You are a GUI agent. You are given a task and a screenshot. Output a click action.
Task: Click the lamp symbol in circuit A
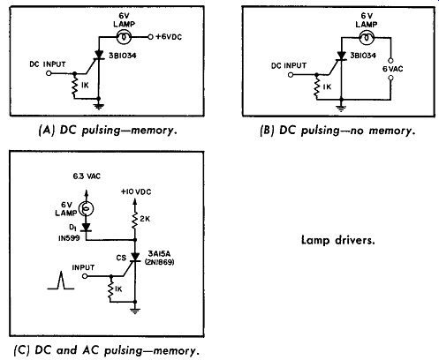124,37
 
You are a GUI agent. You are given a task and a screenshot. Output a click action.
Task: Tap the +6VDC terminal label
169,37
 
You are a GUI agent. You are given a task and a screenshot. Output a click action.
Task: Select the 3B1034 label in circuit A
123,56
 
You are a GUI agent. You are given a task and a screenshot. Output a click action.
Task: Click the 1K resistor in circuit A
74,86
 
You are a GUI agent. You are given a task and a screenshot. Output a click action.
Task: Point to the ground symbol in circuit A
99,107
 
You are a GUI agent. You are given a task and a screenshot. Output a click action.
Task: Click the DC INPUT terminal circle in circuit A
49,73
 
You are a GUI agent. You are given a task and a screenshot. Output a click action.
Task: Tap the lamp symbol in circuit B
367,38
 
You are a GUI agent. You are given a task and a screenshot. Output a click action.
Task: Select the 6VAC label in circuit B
393,69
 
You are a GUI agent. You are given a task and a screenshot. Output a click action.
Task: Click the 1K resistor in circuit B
317,87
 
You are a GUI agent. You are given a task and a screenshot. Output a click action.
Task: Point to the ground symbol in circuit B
341,109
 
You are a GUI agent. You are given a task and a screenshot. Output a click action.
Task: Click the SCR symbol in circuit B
341,56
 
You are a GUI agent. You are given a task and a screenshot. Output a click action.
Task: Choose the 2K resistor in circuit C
135,220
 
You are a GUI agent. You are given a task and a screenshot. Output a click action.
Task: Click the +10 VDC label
136,192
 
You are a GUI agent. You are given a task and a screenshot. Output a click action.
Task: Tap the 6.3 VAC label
87,176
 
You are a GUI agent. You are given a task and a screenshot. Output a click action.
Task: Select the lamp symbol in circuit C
87,209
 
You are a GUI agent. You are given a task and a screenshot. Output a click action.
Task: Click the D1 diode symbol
87,228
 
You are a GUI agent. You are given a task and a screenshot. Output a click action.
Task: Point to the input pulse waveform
61,281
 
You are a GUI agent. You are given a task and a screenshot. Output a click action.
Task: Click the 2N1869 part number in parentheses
159,262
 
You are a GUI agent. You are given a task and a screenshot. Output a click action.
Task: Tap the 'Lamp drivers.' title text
338,240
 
